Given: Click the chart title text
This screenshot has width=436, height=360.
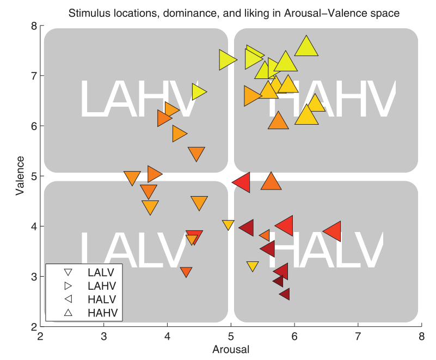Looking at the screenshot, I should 234,13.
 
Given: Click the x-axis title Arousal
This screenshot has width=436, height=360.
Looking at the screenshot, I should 231,349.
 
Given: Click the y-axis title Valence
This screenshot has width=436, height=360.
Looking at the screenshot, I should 20,176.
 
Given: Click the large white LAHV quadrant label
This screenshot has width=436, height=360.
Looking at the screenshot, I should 137,99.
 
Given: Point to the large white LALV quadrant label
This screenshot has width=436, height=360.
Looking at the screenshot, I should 137,249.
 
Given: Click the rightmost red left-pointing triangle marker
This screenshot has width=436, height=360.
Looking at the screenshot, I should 333,231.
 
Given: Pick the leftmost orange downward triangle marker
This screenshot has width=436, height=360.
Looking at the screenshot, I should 132,178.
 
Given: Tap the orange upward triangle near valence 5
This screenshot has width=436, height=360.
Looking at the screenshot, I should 271,182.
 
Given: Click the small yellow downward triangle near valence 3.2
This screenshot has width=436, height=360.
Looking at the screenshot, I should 252,266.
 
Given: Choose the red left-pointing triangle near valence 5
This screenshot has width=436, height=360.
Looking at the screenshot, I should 242,182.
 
